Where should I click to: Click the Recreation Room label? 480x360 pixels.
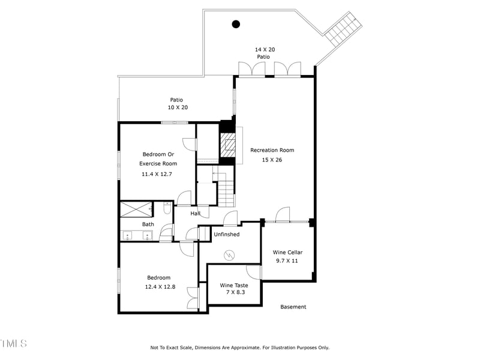coord(272,150)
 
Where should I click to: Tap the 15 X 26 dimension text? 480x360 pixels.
coord(272,160)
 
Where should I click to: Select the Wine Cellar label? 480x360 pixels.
coord(286,252)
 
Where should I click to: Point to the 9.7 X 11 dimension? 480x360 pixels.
coord(286,261)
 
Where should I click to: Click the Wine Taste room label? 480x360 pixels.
coord(234,285)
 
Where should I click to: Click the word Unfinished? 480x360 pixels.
coord(226,234)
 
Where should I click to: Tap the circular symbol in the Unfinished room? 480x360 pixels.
coord(229,256)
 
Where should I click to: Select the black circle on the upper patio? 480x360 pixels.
coord(236,24)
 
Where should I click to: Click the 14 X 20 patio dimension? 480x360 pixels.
coord(265,49)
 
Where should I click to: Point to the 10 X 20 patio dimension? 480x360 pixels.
coord(178,107)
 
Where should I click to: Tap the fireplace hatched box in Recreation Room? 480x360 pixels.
coord(227,145)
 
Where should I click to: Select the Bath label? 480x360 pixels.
coord(148,224)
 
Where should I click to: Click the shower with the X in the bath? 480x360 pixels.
coord(137,209)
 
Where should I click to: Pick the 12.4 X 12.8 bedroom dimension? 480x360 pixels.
coord(160,287)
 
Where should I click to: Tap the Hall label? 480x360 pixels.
coord(195,214)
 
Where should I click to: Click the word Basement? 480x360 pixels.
coord(293,307)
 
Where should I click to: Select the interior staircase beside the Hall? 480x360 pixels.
coord(226,193)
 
